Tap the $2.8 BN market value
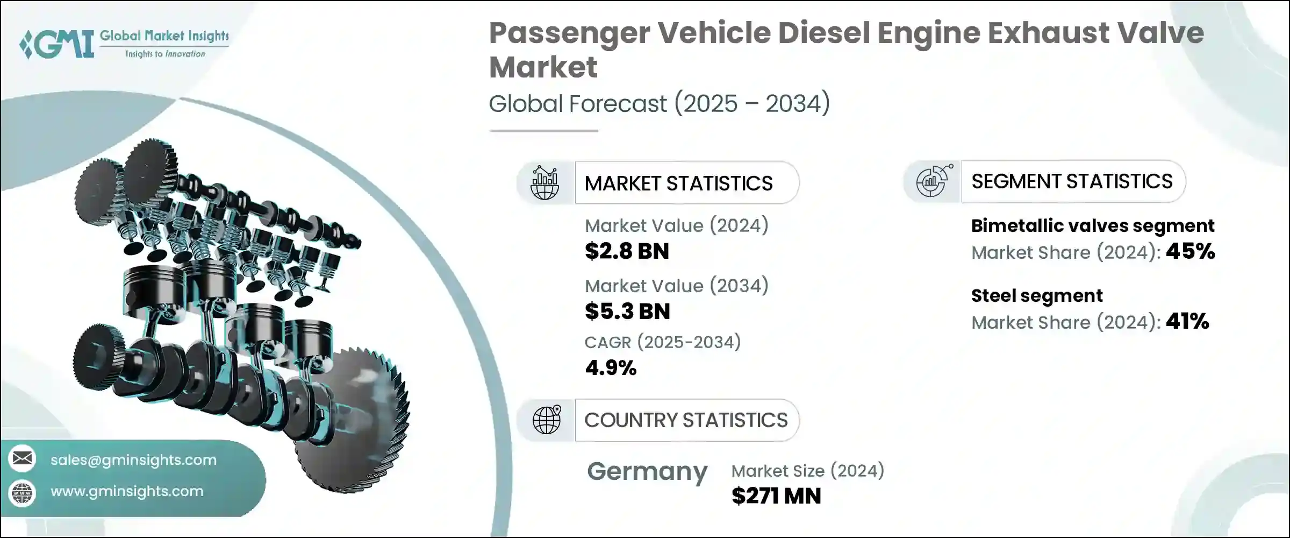point(627,251)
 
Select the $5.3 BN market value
point(627,312)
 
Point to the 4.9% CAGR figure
point(611,368)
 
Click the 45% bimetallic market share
point(1190,251)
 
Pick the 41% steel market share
point(1187,321)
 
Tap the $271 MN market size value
point(776,496)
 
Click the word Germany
point(647,472)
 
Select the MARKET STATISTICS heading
point(678,183)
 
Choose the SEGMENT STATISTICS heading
point(1072,182)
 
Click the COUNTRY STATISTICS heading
point(686,420)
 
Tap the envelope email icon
point(23,459)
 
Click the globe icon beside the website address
point(23,492)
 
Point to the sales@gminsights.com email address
point(133,460)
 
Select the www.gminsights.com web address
point(127,491)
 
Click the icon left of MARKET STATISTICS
point(544,183)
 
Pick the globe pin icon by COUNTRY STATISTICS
point(547,420)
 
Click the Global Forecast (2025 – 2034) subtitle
point(659,103)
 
